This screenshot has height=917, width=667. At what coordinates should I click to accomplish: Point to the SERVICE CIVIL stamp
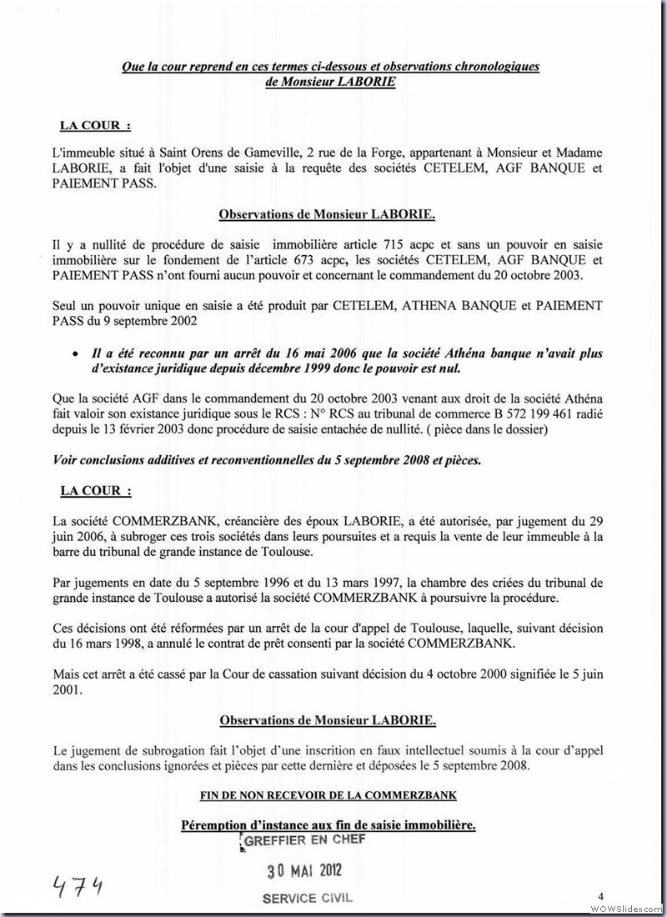click(307, 899)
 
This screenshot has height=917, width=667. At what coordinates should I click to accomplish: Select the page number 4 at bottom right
click(600, 895)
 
